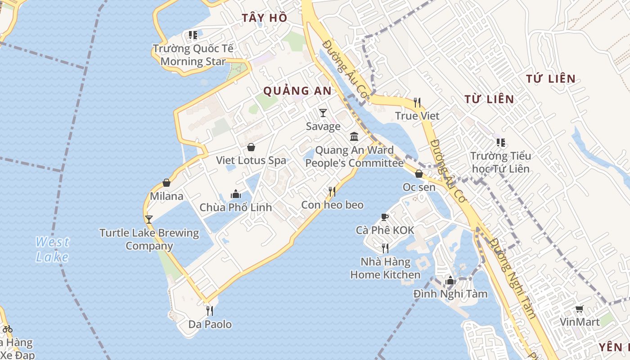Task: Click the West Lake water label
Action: (53, 249)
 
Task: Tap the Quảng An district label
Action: (297, 91)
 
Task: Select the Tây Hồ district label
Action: (264, 18)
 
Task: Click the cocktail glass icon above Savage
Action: (323, 112)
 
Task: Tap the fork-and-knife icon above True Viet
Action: (417, 103)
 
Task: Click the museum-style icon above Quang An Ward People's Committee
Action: (354, 136)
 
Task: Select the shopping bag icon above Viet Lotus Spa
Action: (251, 147)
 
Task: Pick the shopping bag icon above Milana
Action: (166, 183)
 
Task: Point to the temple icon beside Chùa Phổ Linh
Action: (235, 194)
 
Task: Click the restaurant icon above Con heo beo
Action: (332, 192)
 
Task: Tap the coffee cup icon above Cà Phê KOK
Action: (384, 217)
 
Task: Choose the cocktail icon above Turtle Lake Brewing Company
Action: (149, 220)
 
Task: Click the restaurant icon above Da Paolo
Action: (209, 310)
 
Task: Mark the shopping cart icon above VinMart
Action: (579, 309)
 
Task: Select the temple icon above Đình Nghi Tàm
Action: (450, 281)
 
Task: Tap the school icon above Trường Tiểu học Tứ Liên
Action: (500, 143)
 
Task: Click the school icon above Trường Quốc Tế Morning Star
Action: (193, 35)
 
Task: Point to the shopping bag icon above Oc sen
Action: (419, 174)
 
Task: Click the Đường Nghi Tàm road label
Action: (513, 279)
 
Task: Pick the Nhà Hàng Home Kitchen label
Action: (385, 268)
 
